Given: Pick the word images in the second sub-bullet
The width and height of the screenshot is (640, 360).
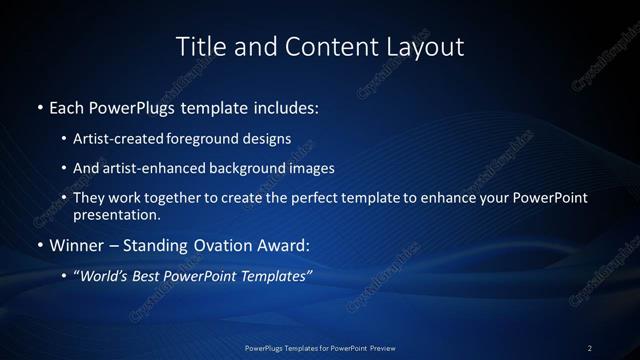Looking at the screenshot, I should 309,168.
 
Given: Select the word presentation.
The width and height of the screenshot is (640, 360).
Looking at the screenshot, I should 116,214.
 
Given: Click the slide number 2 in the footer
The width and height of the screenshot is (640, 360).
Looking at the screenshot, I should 590,348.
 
